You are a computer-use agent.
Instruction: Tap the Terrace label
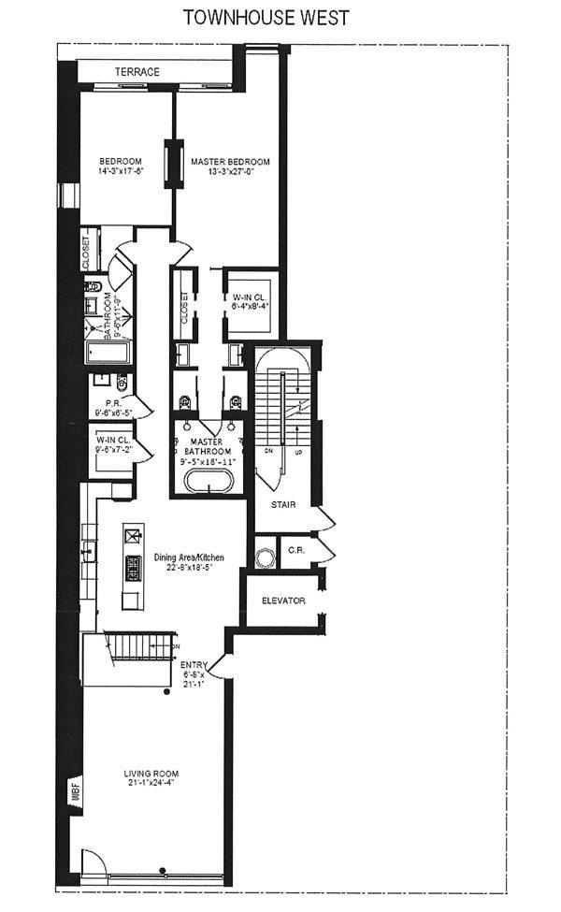(137, 72)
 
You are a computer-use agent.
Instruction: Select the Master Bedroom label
(230, 162)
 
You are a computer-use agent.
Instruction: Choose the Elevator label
(284, 601)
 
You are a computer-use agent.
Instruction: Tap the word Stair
(284, 504)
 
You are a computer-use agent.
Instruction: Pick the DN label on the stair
(269, 450)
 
